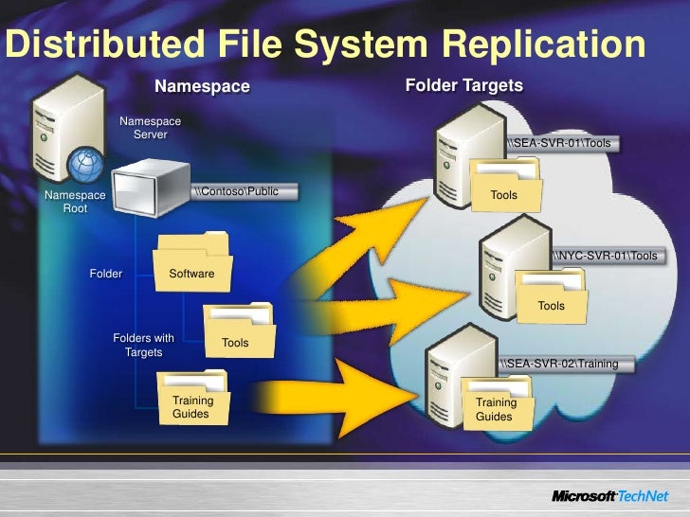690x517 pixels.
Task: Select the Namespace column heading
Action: click(x=202, y=87)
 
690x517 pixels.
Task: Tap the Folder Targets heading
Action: click(x=463, y=86)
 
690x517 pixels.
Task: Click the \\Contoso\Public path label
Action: click(x=237, y=191)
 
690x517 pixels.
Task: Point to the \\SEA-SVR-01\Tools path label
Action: click(x=558, y=144)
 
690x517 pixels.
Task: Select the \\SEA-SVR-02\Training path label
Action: click(x=558, y=364)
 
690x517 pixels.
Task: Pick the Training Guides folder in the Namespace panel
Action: click(x=193, y=399)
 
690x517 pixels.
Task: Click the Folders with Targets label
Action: click(x=143, y=345)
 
